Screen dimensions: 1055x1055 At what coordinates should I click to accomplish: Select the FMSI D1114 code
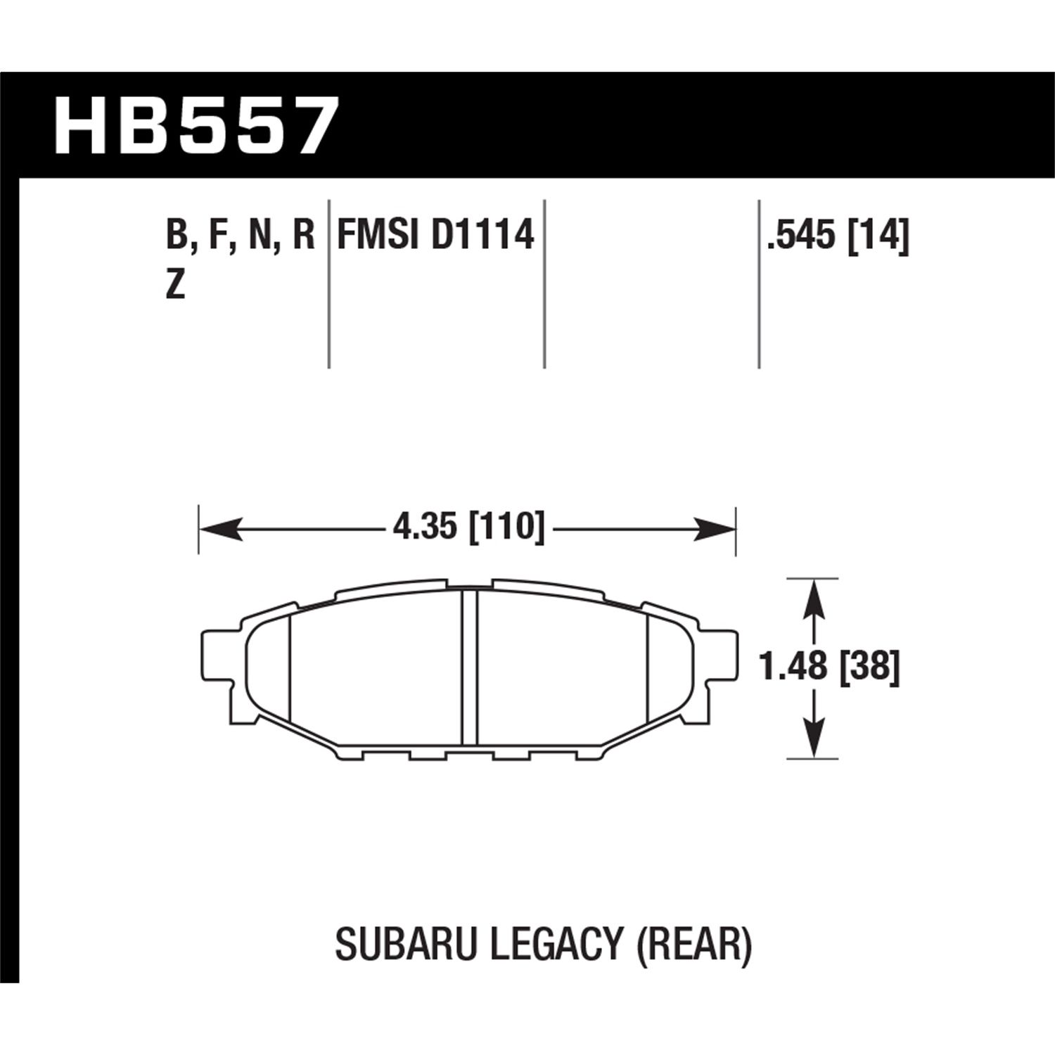point(436,235)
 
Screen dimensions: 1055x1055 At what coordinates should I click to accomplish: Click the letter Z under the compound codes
point(175,286)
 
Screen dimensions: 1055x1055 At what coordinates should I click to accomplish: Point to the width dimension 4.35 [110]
point(468,527)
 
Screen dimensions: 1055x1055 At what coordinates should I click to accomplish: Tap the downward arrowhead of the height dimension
point(814,739)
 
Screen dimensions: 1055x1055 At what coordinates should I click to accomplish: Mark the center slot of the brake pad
point(469,667)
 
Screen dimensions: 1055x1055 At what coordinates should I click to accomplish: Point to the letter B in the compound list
point(175,235)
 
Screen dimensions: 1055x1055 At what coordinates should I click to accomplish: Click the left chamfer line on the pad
point(290,667)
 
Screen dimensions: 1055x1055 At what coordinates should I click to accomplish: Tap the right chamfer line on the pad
point(646,667)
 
